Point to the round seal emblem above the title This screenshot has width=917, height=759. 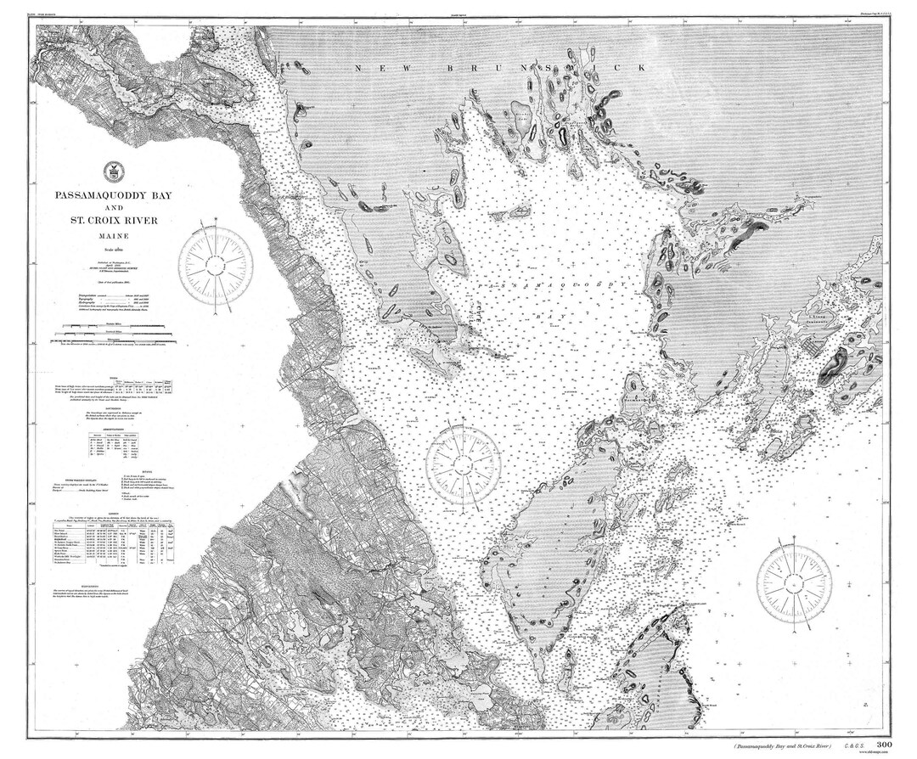point(110,170)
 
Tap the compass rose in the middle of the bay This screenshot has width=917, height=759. point(462,463)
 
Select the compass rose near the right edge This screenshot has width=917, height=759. point(794,581)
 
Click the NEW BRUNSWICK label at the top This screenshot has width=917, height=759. point(501,67)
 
